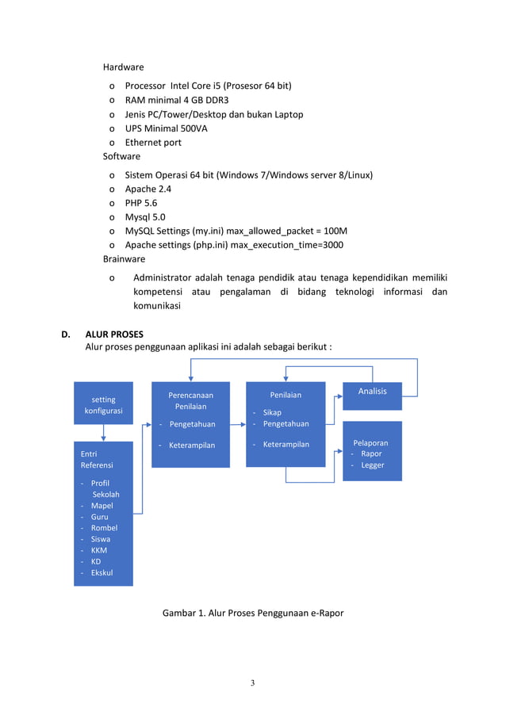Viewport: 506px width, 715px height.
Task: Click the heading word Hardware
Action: pyautogui.click(x=123, y=67)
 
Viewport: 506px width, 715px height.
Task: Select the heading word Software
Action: pyautogui.click(x=121, y=157)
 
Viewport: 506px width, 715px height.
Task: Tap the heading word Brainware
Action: pyautogui.click(x=125, y=259)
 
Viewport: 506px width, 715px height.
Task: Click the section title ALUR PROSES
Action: pyautogui.click(x=114, y=334)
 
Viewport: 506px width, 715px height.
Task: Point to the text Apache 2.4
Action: pyautogui.click(x=148, y=189)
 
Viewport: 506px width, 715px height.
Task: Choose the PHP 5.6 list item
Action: pyautogui.click(x=141, y=203)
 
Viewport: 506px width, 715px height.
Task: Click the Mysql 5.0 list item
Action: pyautogui.click(x=145, y=217)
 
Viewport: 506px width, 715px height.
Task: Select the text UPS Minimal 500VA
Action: pyautogui.click(x=166, y=128)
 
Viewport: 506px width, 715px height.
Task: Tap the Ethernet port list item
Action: pyautogui.click(x=153, y=143)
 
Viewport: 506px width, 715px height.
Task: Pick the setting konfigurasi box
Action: pyautogui.click(x=103, y=405)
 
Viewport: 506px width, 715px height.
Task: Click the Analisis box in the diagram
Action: pyautogui.click(x=372, y=391)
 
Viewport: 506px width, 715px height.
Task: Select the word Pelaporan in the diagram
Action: pyautogui.click(x=370, y=443)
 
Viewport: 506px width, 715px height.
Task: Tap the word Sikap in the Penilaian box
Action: pyautogui.click(x=272, y=413)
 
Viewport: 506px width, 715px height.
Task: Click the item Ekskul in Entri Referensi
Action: pyautogui.click(x=102, y=572)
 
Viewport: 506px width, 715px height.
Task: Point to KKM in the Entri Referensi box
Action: pyautogui.click(x=99, y=550)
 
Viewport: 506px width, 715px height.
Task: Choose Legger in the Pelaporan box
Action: pyautogui.click(x=372, y=465)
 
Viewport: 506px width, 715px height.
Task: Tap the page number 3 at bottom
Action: pyautogui.click(x=252, y=683)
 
